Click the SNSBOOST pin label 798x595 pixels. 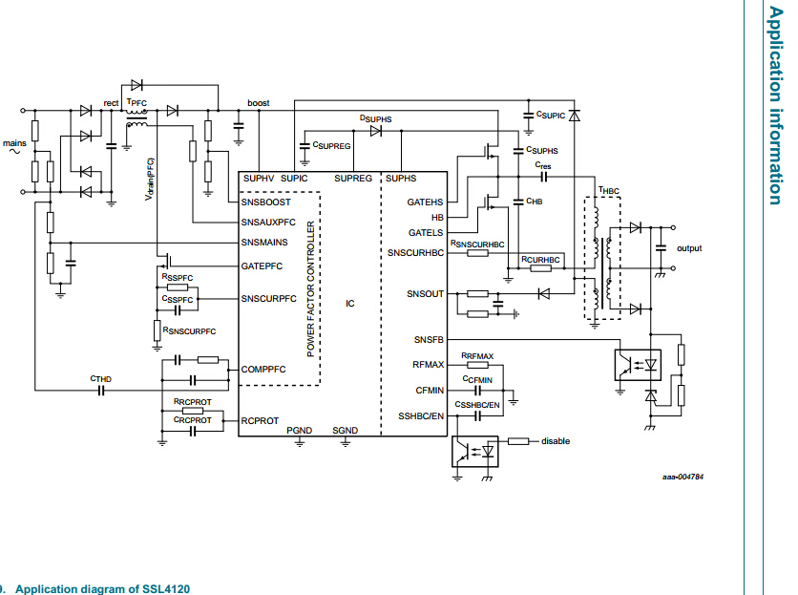click(266, 202)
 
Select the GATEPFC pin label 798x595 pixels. click(262, 266)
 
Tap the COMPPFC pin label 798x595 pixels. click(264, 369)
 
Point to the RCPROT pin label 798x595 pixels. click(260, 420)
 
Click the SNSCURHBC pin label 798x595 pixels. click(415, 253)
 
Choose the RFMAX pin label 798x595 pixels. click(428, 365)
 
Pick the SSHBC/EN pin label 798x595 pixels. click(421, 416)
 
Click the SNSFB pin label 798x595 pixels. click(429, 339)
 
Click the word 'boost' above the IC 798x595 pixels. click(258, 103)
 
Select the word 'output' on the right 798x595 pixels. click(689, 248)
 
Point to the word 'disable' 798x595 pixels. click(556, 440)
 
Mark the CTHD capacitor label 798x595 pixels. click(101, 379)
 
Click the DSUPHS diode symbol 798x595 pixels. click(375, 131)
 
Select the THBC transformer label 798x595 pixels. click(609, 190)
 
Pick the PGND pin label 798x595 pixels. click(299, 431)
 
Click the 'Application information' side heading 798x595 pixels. click(775, 105)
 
